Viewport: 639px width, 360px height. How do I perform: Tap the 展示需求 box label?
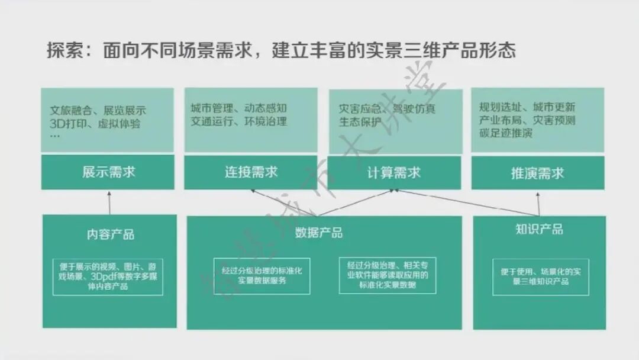pyautogui.click(x=108, y=172)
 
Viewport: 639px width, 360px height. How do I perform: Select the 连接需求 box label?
pyautogui.click(x=251, y=172)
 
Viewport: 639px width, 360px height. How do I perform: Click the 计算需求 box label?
pyautogui.click(x=393, y=173)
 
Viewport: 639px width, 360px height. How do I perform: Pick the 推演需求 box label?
pyautogui.click(x=537, y=173)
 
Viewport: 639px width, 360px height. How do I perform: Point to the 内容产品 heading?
pyautogui.click(x=110, y=234)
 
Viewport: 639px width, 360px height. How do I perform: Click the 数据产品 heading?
pyautogui.click(x=319, y=233)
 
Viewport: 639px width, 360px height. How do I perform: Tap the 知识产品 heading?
pyautogui.click(x=539, y=229)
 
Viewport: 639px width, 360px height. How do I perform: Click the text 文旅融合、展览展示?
pyautogui.click(x=98, y=111)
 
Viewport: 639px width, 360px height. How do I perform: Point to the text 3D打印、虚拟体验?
pyautogui.click(x=95, y=124)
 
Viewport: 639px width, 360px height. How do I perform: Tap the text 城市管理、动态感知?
pyautogui.click(x=238, y=108)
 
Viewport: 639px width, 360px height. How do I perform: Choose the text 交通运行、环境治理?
pyautogui.click(x=238, y=121)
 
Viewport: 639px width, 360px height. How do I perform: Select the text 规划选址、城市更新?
pyautogui.click(x=527, y=108)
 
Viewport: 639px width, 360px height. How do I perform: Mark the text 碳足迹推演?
pyautogui.click(x=506, y=133)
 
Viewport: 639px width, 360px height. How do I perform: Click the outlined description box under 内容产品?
pyautogui.click(x=108, y=277)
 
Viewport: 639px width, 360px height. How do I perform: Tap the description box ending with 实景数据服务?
pyautogui.click(x=262, y=276)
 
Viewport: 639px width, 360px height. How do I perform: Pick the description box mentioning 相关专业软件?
pyautogui.click(x=387, y=275)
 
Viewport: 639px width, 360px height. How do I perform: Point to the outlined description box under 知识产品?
pyautogui.click(x=540, y=277)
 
